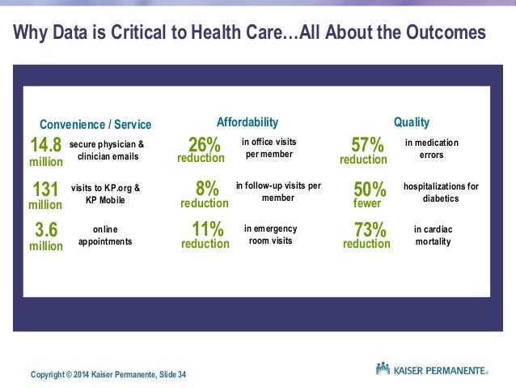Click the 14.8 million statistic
(x=46, y=151)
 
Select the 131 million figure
(x=46, y=195)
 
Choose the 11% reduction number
(x=205, y=234)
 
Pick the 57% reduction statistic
(x=366, y=150)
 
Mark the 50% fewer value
(x=368, y=194)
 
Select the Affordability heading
(x=247, y=122)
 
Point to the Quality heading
(x=411, y=122)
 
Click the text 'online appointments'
(x=105, y=235)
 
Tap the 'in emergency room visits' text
(x=269, y=234)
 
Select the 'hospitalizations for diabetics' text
(x=441, y=191)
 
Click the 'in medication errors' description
(x=431, y=149)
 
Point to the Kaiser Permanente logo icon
(x=383, y=369)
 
